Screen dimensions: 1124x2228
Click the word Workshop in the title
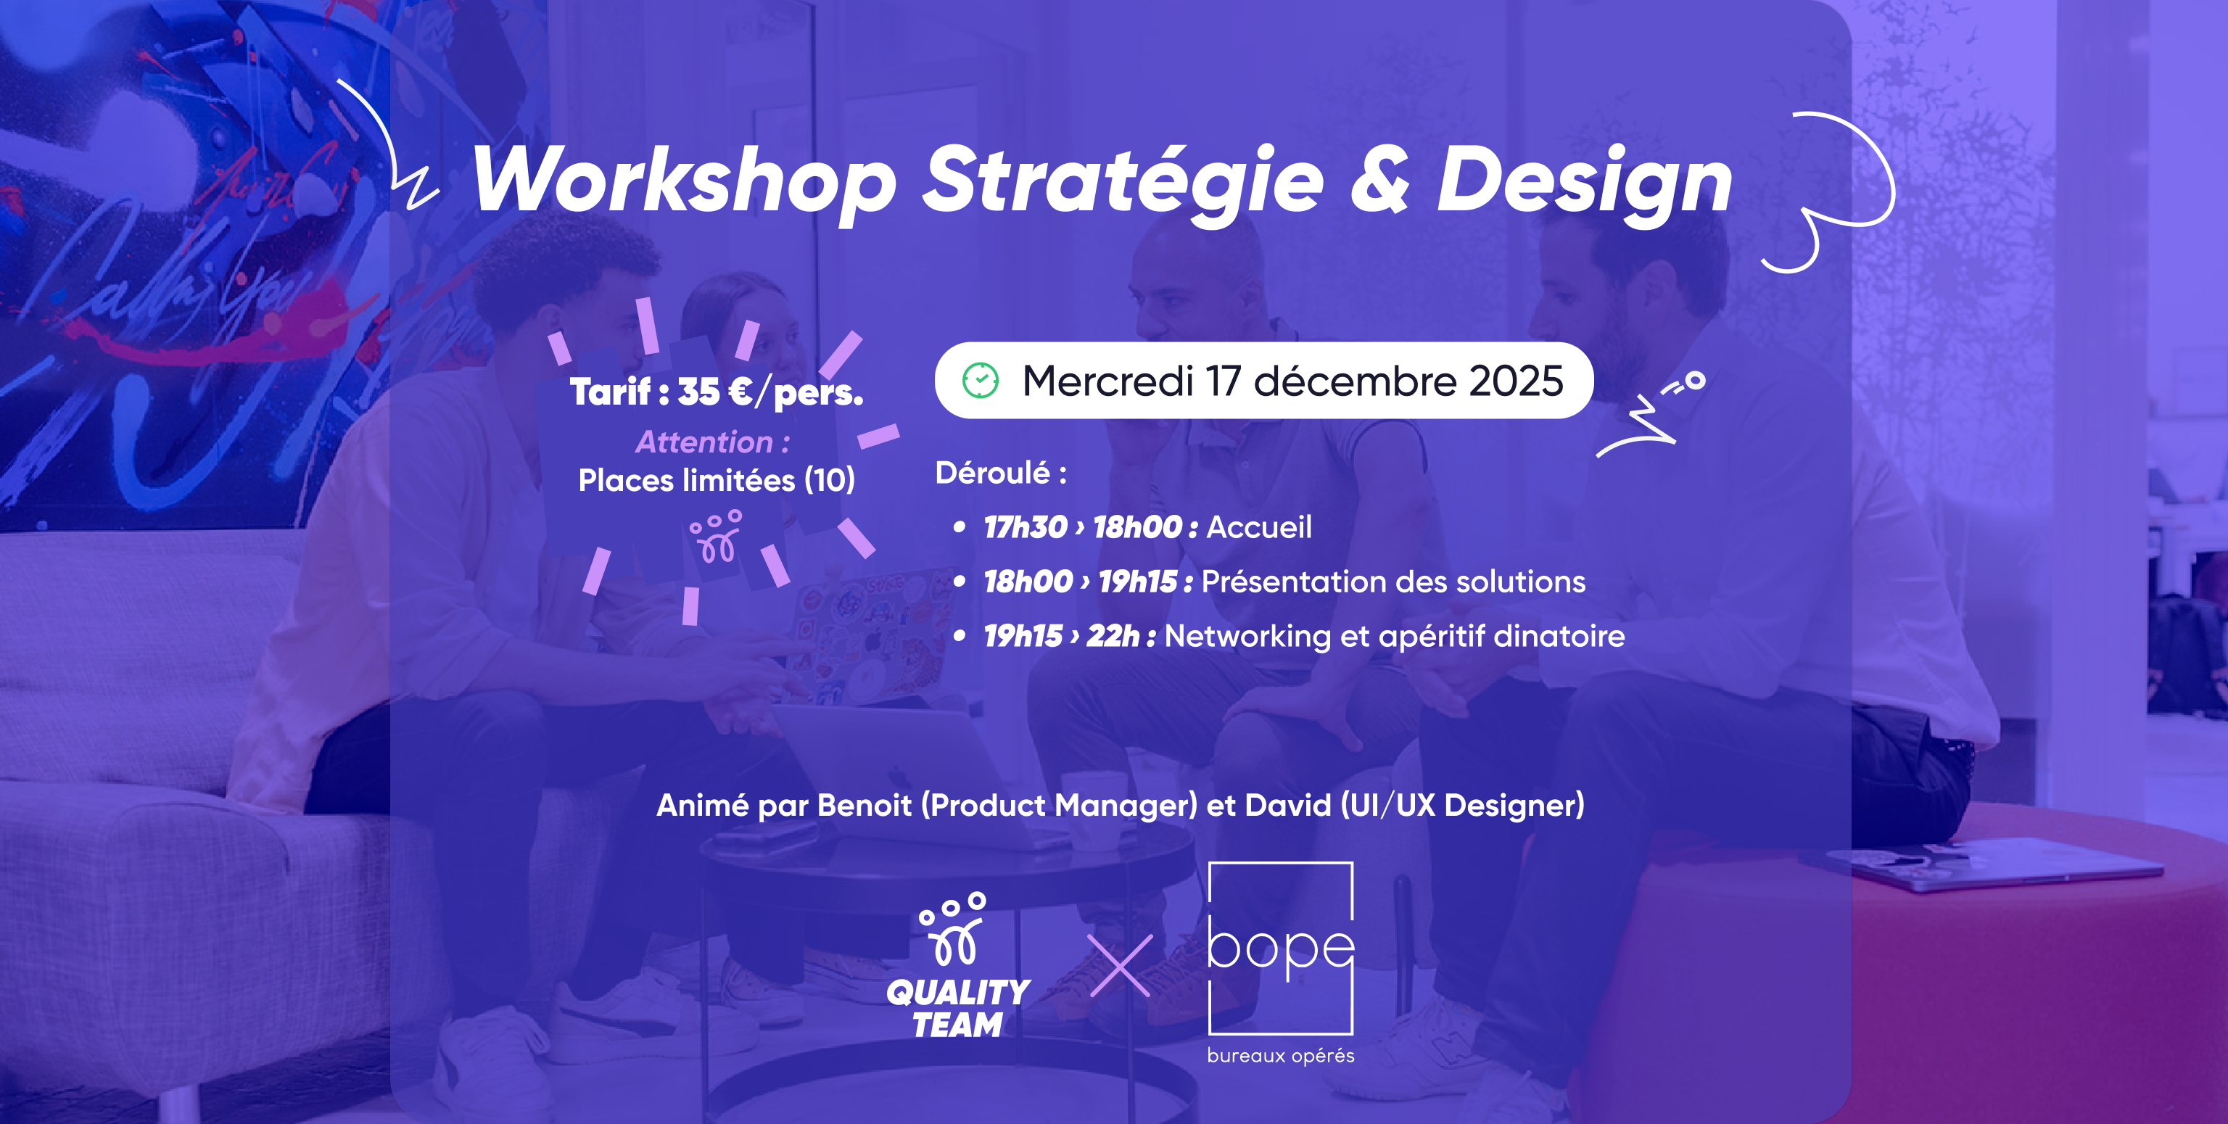point(683,180)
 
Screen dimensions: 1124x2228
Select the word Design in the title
point(1585,180)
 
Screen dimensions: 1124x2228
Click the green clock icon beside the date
point(981,381)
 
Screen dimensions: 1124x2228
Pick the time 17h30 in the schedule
point(1025,527)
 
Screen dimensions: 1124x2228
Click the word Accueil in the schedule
point(1258,527)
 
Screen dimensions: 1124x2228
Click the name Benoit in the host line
point(864,806)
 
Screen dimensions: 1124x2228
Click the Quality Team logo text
point(958,1008)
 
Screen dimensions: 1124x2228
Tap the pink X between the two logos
point(1120,966)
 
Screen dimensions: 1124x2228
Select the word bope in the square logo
point(1280,949)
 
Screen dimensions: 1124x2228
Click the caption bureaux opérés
point(1280,1056)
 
